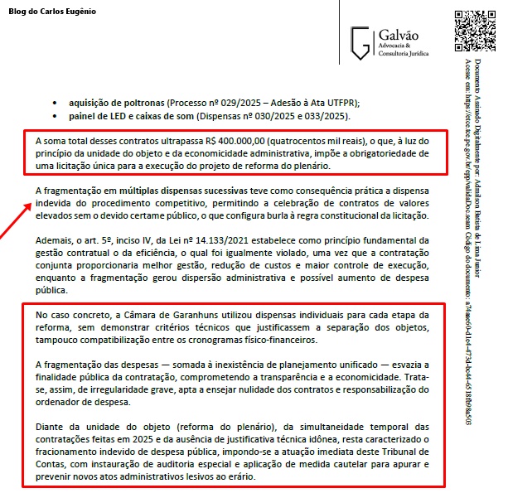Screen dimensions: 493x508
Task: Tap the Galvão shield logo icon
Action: tap(360, 41)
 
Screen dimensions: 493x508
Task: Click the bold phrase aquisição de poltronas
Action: tap(118, 102)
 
